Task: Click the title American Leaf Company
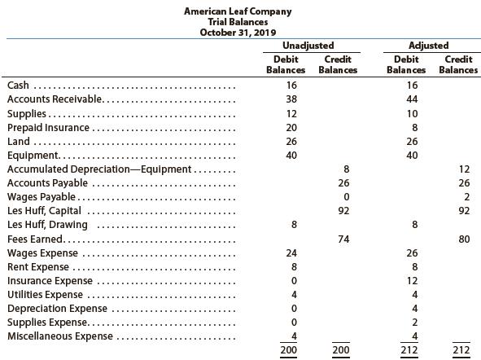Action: pos(238,11)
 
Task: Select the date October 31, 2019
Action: pos(238,33)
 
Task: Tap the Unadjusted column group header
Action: pos(311,46)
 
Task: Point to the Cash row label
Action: pos(18,86)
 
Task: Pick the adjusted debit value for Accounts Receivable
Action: pos(411,99)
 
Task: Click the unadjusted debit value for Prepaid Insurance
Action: pos(291,128)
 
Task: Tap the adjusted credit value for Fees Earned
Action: pos(464,239)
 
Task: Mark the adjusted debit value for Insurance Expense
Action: pos(411,281)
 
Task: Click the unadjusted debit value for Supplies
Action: pos(291,113)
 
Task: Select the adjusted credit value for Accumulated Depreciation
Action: pos(464,169)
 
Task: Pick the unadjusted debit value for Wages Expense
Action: pos(291,253)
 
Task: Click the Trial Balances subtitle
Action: pos(238,22)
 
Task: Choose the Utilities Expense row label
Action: pos(45,295)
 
